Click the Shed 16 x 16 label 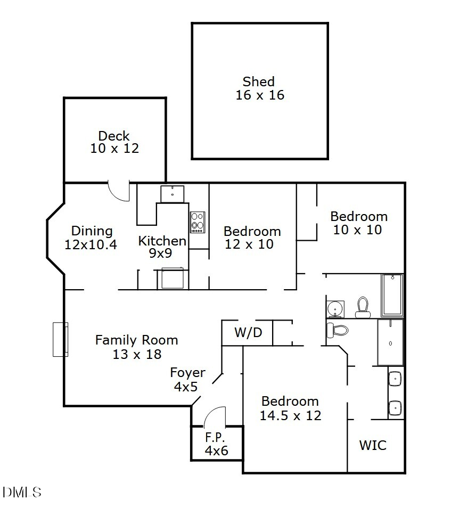point(259,88)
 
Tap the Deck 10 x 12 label point(114,142)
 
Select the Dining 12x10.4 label point(92,237)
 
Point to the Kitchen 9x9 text point(162,247)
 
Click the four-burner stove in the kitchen point(198,222)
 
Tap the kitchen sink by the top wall point(173,194)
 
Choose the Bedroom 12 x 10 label point(252,237)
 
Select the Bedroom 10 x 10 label point(358,223)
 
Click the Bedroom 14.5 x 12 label point(290,408)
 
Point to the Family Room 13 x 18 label point(136,347)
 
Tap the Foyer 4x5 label point(187,380)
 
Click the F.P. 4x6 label point(216,444)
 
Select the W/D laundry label point(248,333)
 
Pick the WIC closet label point(373,445)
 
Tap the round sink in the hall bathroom point(335,308)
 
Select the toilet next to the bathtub point(363,307)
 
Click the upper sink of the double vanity point(396,379)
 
